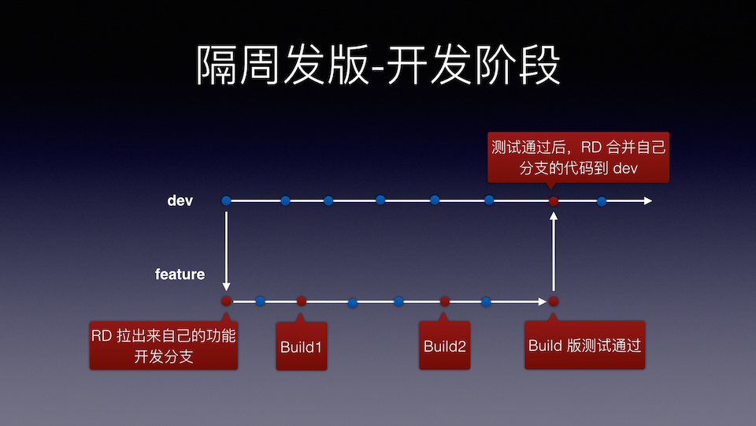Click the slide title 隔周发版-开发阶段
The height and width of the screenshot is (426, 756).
pyautogui.click(x=378, y=65)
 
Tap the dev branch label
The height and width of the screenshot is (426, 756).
pyautogui.click(x=180, y=200)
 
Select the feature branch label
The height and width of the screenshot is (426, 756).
pyautogui.click(x=180, y=275)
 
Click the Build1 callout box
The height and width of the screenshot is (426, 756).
pyautogui.click(x=301, y=346)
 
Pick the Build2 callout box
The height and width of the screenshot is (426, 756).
pyautogui.click(x=444, y=346)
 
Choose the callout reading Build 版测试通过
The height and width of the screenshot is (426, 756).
pyautogui.click(x=584, y=346)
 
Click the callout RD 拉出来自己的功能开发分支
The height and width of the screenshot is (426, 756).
pyautogui.click(x=163, y=346)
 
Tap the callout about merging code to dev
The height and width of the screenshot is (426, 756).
pyautogui.click(x=578, y=157)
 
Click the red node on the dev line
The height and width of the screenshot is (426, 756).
pyautogui.click(x=554, y=201)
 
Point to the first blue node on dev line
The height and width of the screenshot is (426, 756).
pyautogui.click(x=227, y=201)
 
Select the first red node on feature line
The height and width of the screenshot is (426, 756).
pyautogui.click(x=227, y=301)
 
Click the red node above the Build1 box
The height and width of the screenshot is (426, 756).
pyautogui.click(x=302, y=301)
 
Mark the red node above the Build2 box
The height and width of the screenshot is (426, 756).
pyautogui.click(x=445, y=301)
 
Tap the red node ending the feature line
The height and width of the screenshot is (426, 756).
pyautogui.click(x=554, y=301)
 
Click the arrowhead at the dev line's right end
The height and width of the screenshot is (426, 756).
pyautogui.click(x=647, y=201)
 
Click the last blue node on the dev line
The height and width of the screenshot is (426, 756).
pyautogui.click(x=602, y=201)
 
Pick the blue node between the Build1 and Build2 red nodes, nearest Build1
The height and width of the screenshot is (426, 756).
pyautogui.click(x=353, y=302)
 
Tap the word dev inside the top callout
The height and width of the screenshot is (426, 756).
pyautogui.click(x=624, y=167)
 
